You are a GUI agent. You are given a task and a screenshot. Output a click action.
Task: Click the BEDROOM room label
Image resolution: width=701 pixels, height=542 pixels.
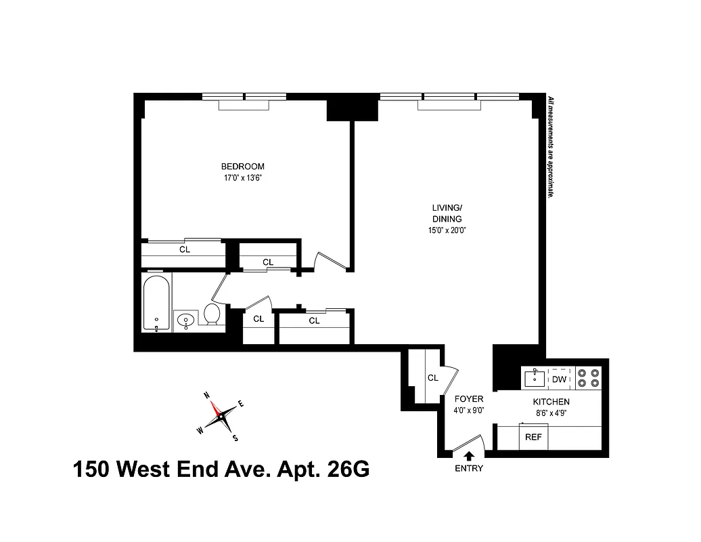click(x=242, y=167)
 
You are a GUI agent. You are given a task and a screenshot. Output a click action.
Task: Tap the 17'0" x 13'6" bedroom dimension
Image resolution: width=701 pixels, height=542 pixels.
click(x=242, y=178)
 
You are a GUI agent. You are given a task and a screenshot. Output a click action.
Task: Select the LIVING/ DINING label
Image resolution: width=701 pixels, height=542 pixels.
click(x=447, y=213)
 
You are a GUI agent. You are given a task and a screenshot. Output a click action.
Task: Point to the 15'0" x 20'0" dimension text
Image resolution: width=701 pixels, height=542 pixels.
click(x=447, y=230)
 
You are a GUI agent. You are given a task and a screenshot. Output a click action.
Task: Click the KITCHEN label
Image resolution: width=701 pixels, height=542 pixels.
click(x=552, y=402)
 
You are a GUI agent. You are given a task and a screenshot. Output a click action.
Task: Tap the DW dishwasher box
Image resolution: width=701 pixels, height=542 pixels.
click(x=559, y=379)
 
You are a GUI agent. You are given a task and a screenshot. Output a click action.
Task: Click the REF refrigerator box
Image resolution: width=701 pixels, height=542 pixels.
click(x=534, y=437)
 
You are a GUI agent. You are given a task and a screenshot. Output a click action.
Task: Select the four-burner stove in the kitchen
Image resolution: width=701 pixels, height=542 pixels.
click(x=588, y=377)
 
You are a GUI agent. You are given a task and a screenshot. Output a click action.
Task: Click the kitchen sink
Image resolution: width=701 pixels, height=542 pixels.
click(x=534, y=377)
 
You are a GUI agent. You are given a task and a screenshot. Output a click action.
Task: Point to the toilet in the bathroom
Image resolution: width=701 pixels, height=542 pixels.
click(x=212, y=314)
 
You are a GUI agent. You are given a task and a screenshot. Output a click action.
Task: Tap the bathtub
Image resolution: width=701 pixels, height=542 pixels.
click(x=157, y=302)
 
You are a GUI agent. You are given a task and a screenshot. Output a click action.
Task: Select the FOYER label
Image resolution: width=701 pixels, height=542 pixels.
click(x=468, y=400)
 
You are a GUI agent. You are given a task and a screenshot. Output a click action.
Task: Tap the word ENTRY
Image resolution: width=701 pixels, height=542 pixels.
click(x=468, y=469)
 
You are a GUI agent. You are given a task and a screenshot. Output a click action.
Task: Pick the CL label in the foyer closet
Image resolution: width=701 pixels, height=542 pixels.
click(x=433, y=378)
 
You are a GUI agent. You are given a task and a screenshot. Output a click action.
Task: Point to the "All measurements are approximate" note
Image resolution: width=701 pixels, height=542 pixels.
click(x=551, y=146)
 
